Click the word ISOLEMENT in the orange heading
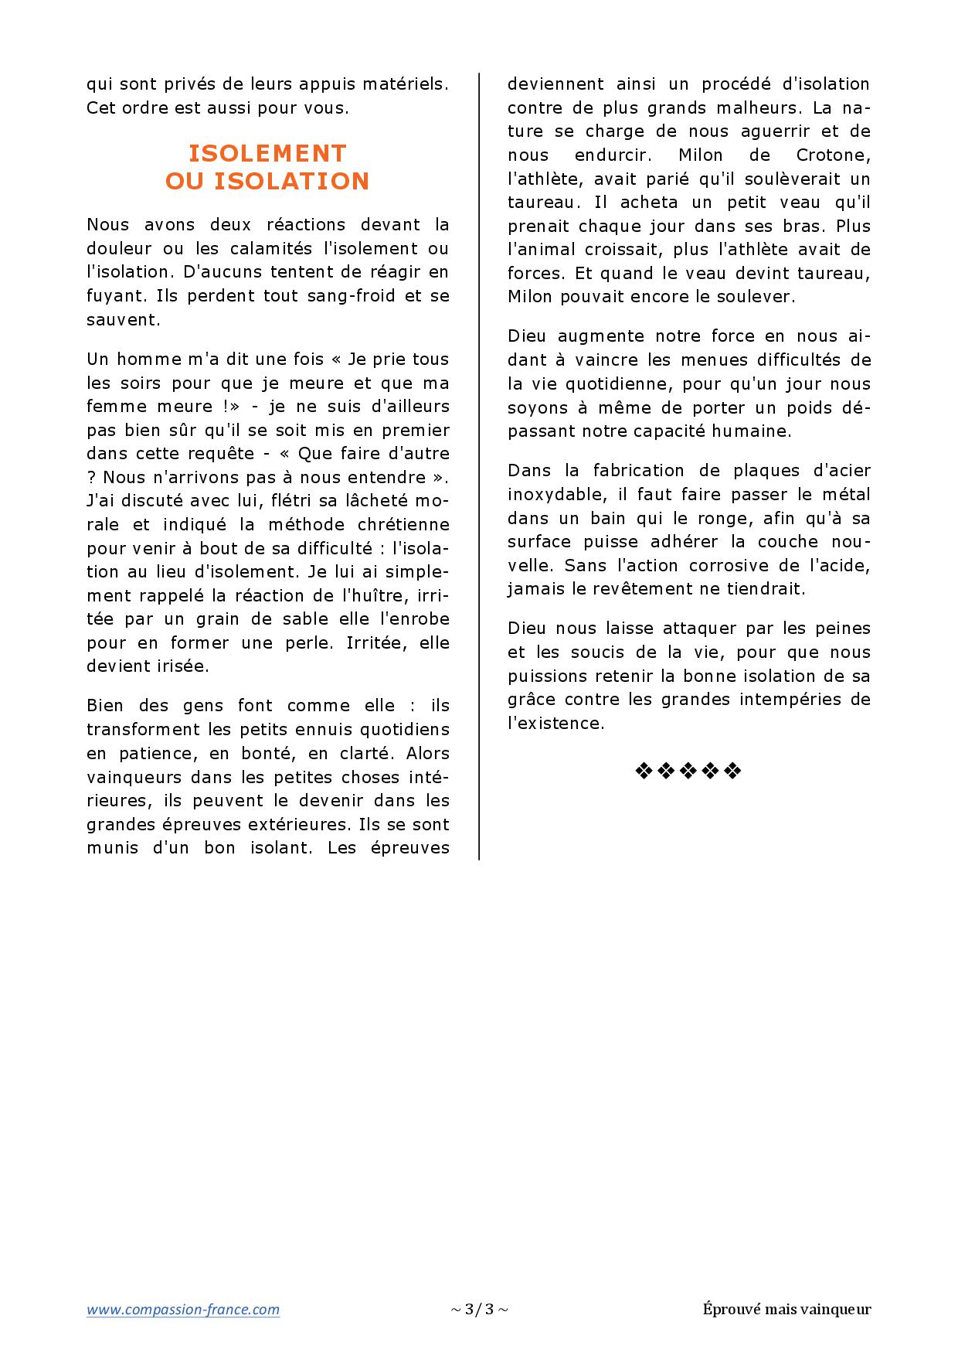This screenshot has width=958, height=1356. click(267, 152)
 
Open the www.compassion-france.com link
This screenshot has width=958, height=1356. click(183, 1309)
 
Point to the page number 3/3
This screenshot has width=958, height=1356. click(479, 1309)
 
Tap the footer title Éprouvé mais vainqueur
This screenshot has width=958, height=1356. click(786, 1309)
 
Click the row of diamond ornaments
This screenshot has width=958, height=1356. click(688, 771)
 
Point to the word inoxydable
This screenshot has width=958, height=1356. click(549, 494)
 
